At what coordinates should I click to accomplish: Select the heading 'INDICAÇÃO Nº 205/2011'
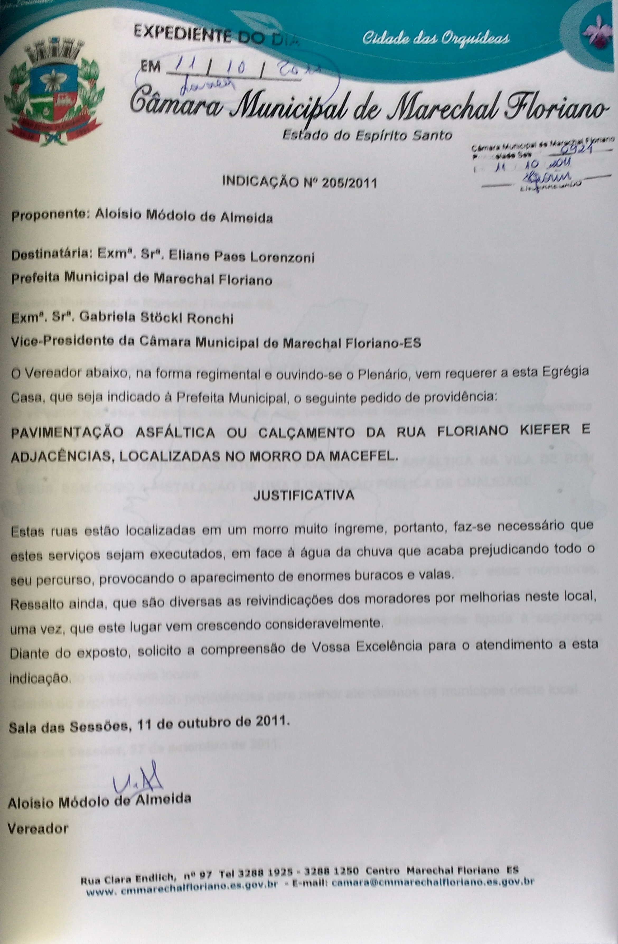pos(299,182)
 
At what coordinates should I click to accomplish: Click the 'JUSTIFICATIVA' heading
pos(303,496)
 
